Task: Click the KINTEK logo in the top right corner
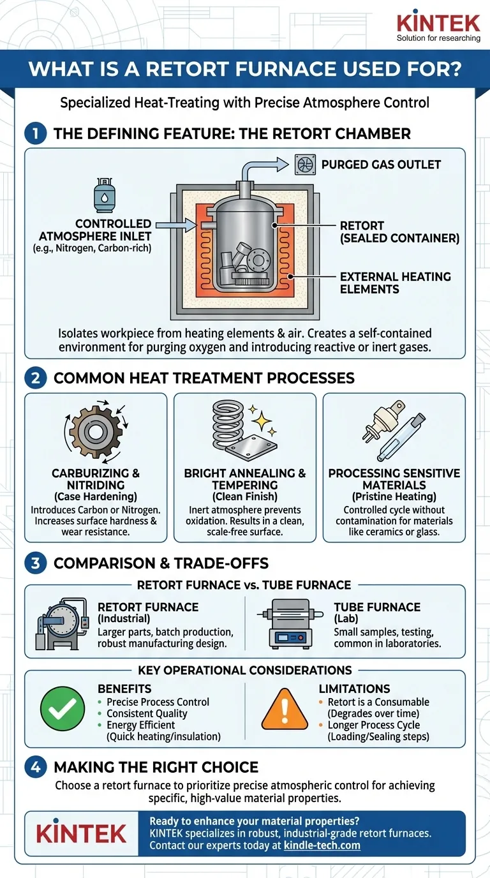tap(438, 24)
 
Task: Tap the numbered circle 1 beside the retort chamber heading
tap(36, 134)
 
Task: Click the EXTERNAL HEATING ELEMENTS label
tap(395, 283)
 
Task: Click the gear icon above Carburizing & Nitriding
tap(95, 432)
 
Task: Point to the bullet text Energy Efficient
tap(141, 725)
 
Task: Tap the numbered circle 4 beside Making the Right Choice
tap(36, 767)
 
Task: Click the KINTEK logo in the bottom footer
tap(81, 833)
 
